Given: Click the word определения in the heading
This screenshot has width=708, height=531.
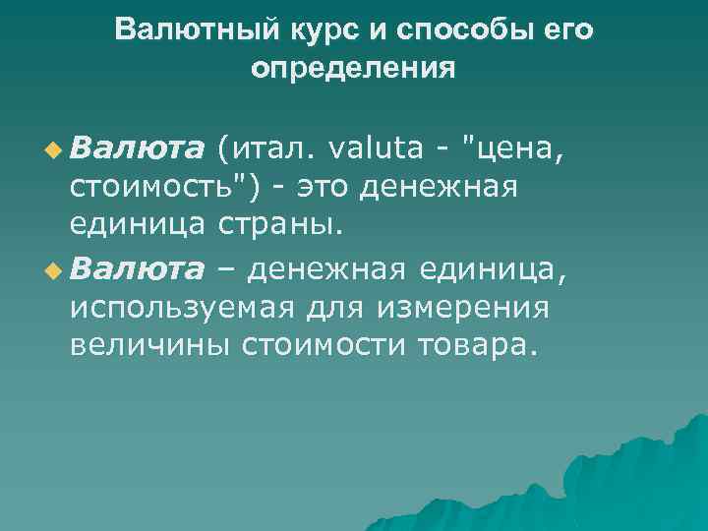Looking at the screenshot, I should pyautogui.click(x=353, y=69).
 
